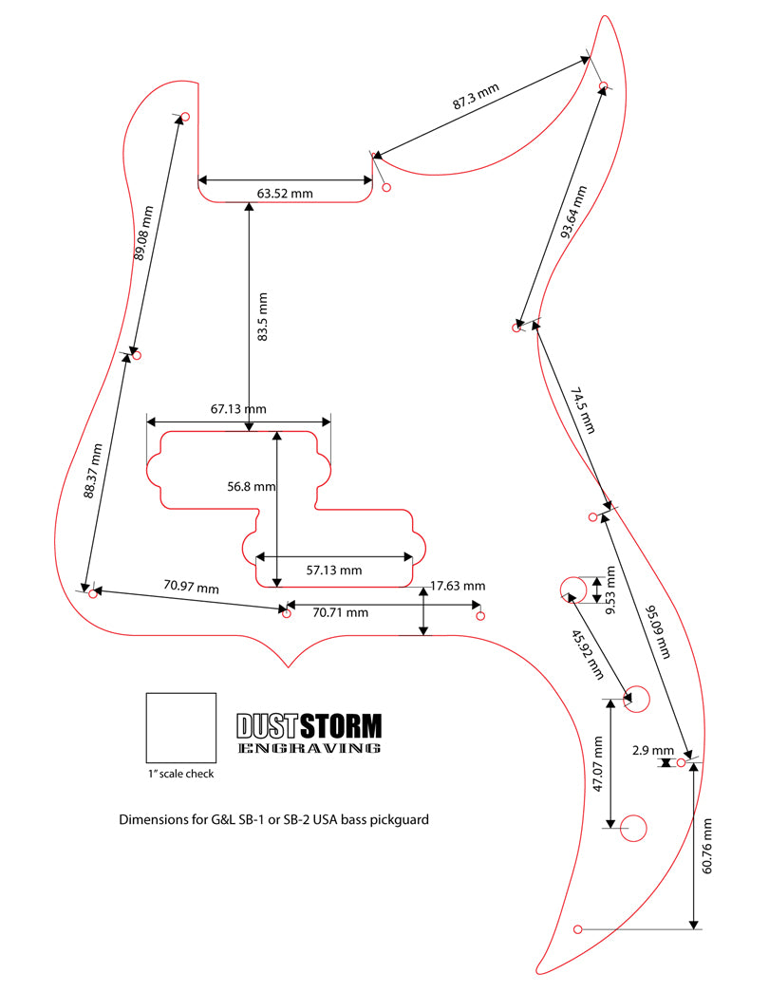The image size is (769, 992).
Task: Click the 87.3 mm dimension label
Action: coord(475,98)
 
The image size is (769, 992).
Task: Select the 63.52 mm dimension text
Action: coord(285,194)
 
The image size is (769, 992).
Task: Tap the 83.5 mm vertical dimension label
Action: coord(263,316)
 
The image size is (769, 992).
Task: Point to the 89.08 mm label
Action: coord(143,233)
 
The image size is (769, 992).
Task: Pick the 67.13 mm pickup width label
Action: coord(237,409)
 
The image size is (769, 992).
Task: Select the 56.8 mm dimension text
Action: coord(251,486)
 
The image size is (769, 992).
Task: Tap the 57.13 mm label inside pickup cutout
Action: coord(333,571)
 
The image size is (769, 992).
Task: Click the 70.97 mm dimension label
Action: coord(191,588)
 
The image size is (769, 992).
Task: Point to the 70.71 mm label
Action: coord(340,612)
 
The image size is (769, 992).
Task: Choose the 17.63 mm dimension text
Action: coord(458,586)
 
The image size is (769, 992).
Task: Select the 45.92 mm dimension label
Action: coord(588,655)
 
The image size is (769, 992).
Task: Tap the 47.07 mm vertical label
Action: coord(598,764)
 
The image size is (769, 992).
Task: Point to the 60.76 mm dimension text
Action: coord(708,845)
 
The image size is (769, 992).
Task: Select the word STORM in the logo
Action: coord(340,727)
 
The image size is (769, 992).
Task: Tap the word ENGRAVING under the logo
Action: coord(309,748)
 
